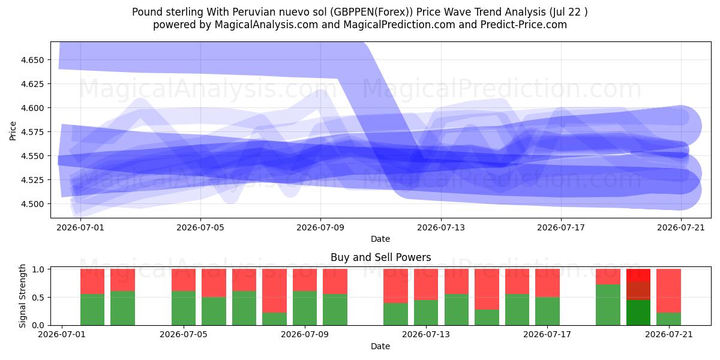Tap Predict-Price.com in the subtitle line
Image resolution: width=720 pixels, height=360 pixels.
[x=524, y=25]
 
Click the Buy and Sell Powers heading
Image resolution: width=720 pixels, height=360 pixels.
[x=380, y=257]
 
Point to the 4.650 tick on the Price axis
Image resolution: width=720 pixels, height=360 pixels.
[x=32, y=60]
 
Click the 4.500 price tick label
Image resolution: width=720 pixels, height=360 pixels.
[x=32, y=204]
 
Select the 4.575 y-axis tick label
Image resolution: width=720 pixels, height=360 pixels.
[x=32, y=132]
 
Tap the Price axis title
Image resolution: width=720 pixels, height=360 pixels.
[x=13, y=131]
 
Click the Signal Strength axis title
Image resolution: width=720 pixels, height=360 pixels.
[x=22, y=296]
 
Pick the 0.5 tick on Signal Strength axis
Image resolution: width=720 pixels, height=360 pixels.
[x=40, y=298]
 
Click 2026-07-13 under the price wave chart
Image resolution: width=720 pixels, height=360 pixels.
[x=441, y=228]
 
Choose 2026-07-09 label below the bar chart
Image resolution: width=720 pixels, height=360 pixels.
[x=305, y=335]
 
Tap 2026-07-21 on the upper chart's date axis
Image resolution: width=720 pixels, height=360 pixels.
[x=681, y=228]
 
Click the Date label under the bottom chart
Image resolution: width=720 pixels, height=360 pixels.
[x=380, y=346]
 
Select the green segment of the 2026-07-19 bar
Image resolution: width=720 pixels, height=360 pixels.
[x=608, y=305]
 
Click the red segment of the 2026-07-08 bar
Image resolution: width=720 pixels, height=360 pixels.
[x=275, y=290]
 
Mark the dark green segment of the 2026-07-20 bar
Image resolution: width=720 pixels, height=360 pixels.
[x=638, y=313]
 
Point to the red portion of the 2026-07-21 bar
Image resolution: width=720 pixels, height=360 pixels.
[x=668, y=290]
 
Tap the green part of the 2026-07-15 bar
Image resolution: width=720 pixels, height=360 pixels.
[x=487, y=317]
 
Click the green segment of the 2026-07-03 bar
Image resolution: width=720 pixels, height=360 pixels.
[x=123, y=308]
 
